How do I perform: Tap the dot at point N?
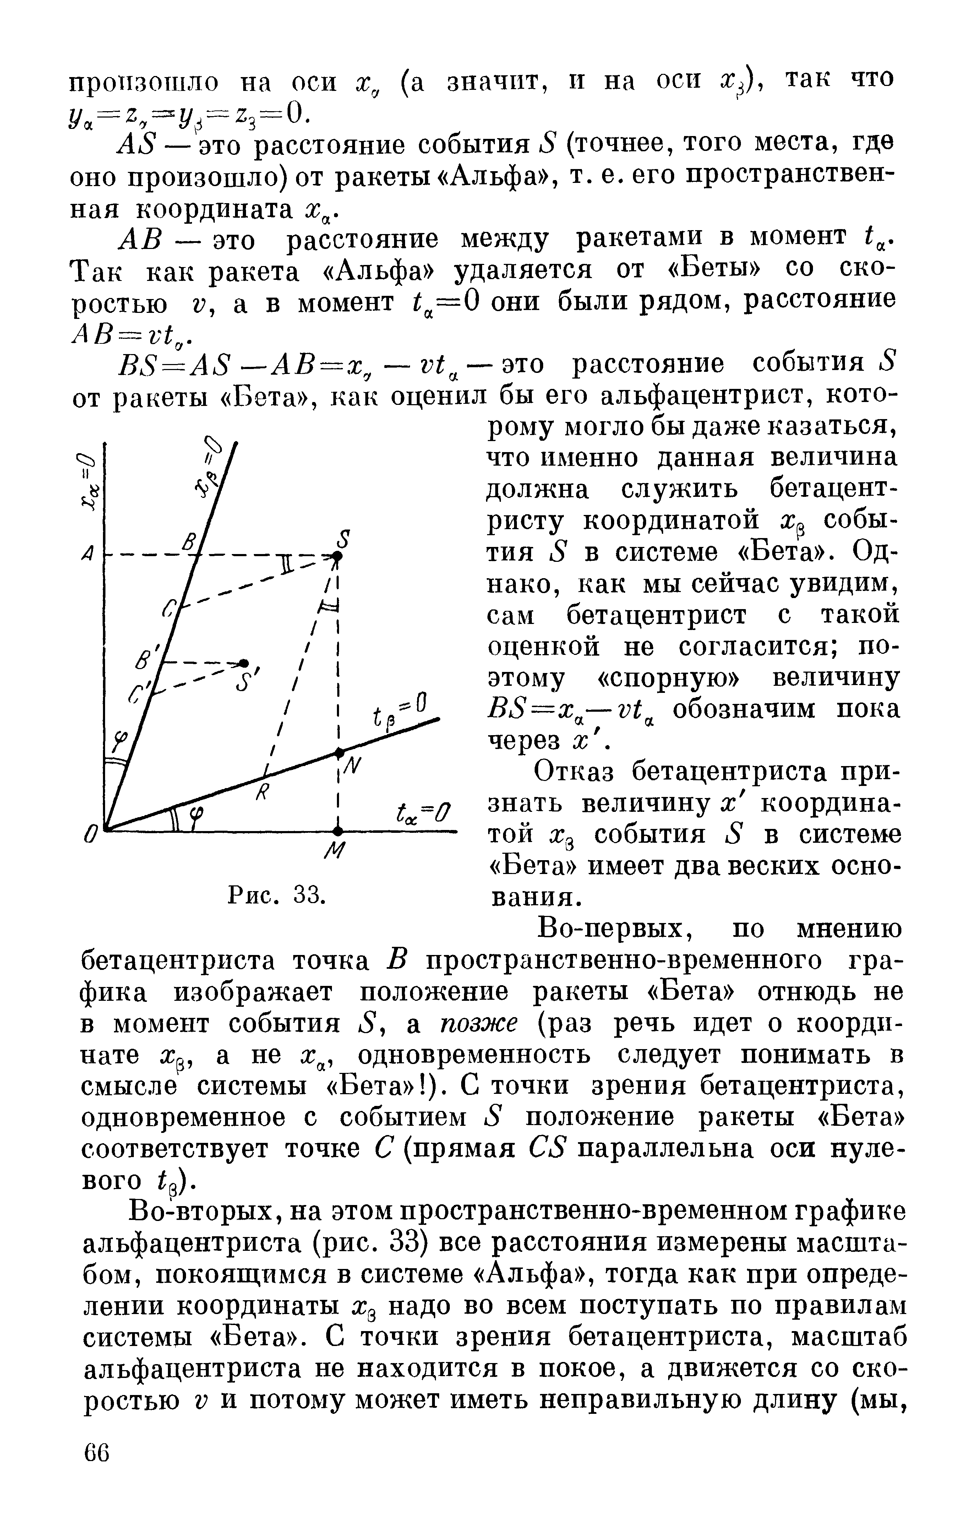(339, 752)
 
